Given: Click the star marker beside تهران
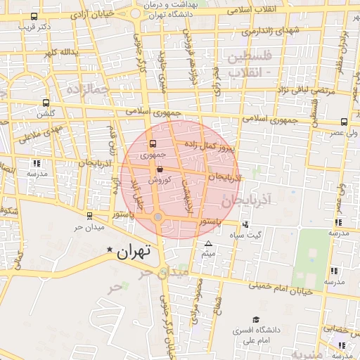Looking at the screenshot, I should (110, 250).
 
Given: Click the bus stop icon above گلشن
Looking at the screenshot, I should (46, 103).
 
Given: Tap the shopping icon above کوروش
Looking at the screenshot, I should (160, 169).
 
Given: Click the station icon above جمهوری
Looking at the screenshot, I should (153, 143).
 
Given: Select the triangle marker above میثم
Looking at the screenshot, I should (208, 244).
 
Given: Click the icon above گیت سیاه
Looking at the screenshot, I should (245, 225).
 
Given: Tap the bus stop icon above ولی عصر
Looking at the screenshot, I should (343, 121).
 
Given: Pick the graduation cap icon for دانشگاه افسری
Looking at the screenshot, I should (256, 319).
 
